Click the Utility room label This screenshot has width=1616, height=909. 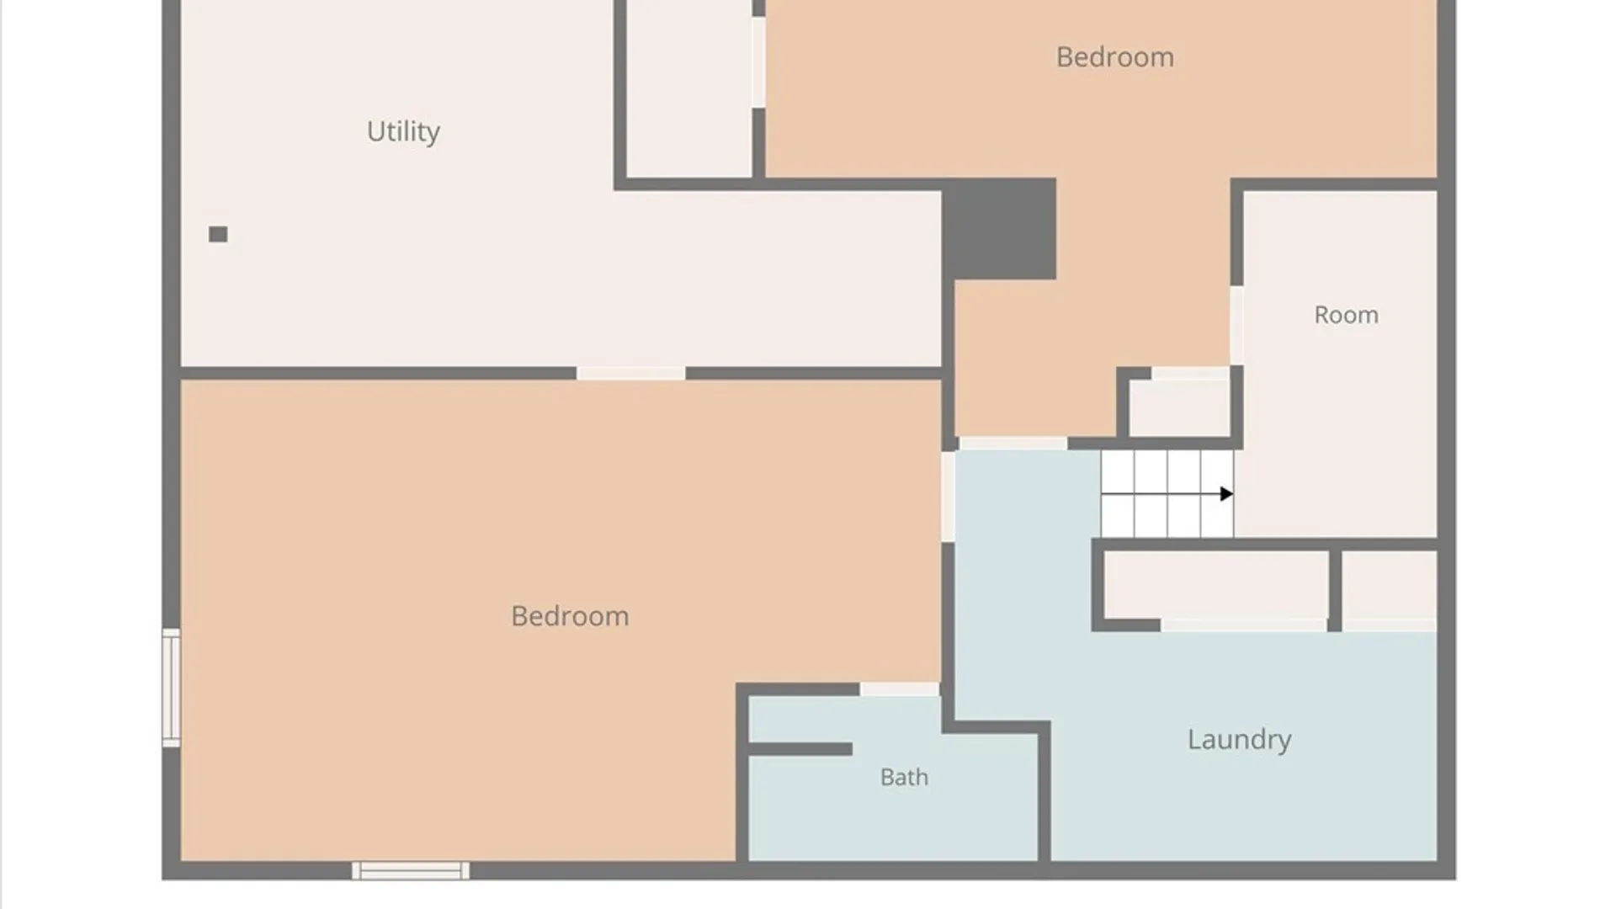pos(403,131)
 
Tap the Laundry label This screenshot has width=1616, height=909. pos(1239,740)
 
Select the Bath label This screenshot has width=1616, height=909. pos(904,777)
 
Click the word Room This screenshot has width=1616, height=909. pos(1346,315)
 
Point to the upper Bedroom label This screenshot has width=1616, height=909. pos(1114,57)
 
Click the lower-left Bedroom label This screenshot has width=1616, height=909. pos(570,616)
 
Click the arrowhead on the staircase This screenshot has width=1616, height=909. pos(1226,494)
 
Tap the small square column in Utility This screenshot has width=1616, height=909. pos(218,234)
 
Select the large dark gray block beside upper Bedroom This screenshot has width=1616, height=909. pos(999,229)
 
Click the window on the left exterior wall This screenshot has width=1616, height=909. pos(171,688)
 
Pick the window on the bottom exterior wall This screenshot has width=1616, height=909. pos(411,871)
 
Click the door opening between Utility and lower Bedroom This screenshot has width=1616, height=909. pos(631,373)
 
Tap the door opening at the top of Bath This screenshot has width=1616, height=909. pos(899,689)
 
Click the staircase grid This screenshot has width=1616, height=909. pos(1167,494)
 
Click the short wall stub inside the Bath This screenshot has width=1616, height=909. pos(800,749)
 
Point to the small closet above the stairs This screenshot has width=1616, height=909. pos(1179,407)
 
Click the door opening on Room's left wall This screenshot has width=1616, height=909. pos(1236,326)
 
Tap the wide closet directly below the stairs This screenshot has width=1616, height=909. pos(1216,585)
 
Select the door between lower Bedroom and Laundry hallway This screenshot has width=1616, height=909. pos(948,497)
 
